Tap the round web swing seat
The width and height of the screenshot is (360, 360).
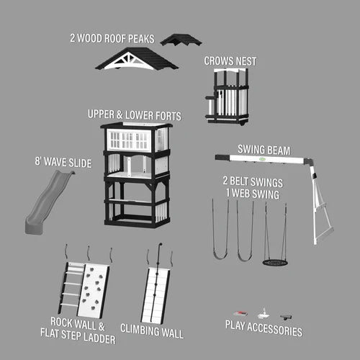[x=275, y=262]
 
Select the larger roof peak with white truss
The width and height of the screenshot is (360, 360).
[x=137, y=59]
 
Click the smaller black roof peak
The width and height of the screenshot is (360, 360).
[x=181, y=40]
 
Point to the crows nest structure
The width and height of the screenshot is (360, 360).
[x=227, y=96]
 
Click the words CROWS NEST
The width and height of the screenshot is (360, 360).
[x=230, y=61]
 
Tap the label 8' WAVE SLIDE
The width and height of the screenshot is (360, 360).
[x=63, y=162]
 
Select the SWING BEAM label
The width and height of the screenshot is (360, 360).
[x=264, y=150]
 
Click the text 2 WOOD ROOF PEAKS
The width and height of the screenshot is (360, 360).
[x=112, y=38]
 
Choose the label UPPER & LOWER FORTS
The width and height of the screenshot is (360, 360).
[x=135, y=115]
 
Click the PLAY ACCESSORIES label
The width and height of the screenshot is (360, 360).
[x=264, y=328]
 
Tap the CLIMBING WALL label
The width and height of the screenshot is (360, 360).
[x=152, y=331]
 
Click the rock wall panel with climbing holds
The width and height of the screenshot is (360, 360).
[x=93, y=291]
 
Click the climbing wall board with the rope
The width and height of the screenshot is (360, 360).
[x=156, y=296]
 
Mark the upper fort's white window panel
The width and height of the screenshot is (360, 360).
[x=129, y=140]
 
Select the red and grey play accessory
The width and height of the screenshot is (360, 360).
[x=240, y=313]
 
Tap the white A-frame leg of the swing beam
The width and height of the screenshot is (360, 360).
[x=320, y=204]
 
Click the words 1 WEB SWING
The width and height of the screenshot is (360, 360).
[x=253, y=194]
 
